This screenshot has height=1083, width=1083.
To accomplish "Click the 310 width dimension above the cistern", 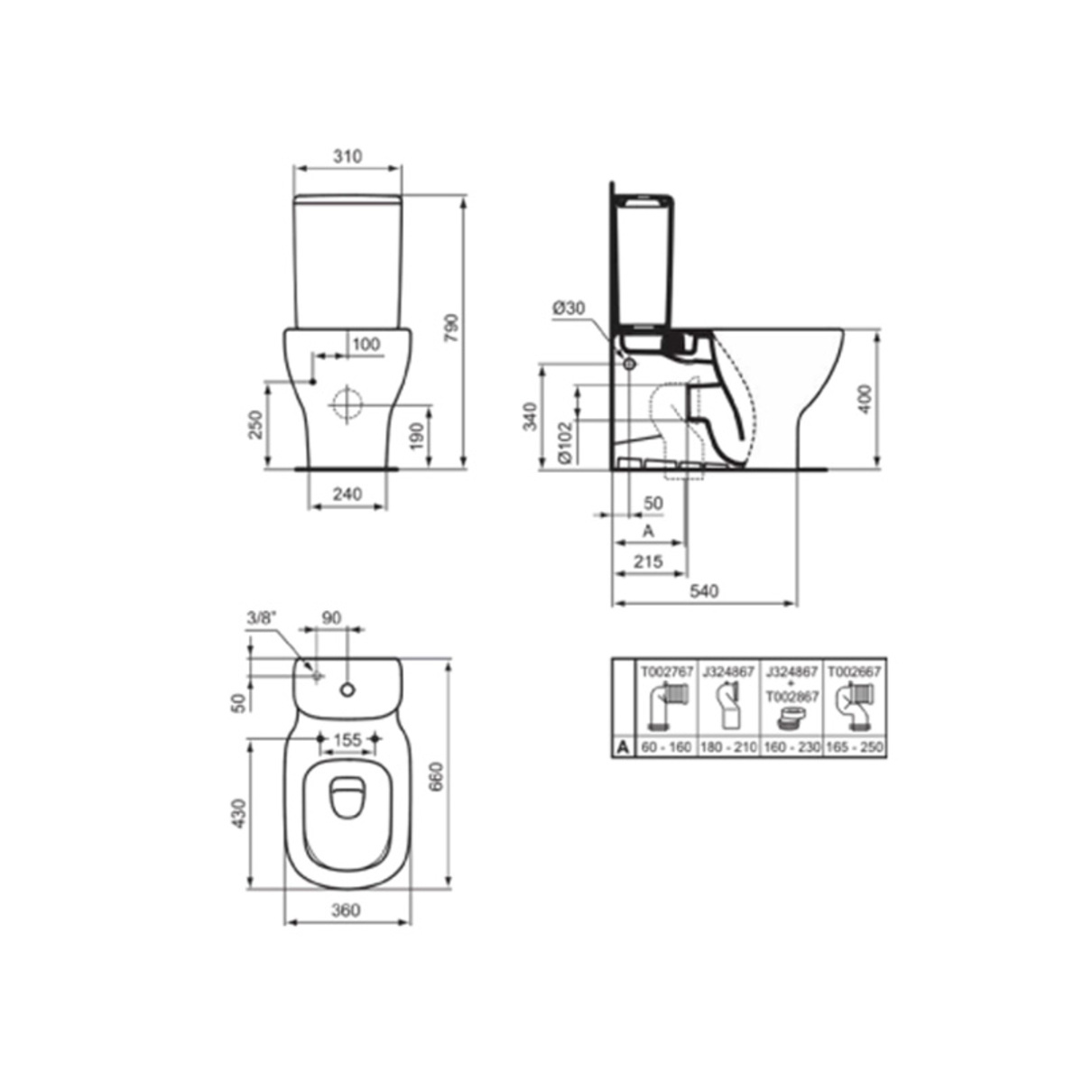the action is coord(347,156).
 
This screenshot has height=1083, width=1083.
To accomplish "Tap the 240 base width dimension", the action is coord(347,494).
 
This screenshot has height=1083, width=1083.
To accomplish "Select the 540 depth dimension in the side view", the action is coord(704,591).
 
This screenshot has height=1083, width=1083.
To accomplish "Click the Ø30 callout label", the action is coord(569,308).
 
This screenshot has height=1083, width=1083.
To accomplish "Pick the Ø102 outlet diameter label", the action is coord(565,442).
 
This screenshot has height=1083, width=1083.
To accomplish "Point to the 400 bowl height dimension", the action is coord(865,399).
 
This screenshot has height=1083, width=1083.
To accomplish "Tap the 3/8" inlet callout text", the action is coord(262,618).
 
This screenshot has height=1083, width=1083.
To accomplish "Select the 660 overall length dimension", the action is coord(436,777).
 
